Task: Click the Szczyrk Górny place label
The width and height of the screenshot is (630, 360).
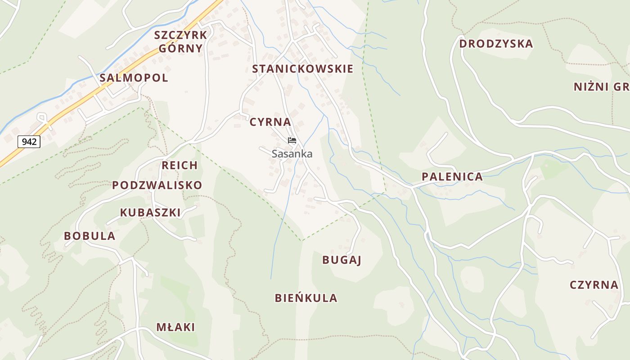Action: [180, 41]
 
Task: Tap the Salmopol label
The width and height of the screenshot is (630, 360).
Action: [134, 78]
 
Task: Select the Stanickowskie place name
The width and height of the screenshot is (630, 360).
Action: [302, 69]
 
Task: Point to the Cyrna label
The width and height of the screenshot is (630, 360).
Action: [270, 122]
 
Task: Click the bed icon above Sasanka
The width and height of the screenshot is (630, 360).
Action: [292, 140]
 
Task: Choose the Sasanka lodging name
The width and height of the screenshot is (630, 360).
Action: [292, 154]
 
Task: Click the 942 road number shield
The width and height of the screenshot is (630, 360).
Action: [29, 142]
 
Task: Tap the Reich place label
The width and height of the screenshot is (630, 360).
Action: [180, 165]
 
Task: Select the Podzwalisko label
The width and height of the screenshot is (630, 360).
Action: [157, 185]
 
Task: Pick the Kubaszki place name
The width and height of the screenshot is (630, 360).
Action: [150, 212]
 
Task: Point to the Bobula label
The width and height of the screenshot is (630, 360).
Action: [90, 236]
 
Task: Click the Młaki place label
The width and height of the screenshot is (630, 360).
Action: [175, 327]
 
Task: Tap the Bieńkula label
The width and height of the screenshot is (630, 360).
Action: [306, 298]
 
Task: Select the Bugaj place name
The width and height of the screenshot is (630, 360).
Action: [342, 260]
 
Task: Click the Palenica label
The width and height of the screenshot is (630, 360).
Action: [452, 177]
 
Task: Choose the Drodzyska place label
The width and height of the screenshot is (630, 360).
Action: [496, 44]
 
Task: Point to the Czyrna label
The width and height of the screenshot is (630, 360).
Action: [594, 285]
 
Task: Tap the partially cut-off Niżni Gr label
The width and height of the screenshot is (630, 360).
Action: [601, 87]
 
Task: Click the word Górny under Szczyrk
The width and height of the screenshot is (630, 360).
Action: [180, 48]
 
